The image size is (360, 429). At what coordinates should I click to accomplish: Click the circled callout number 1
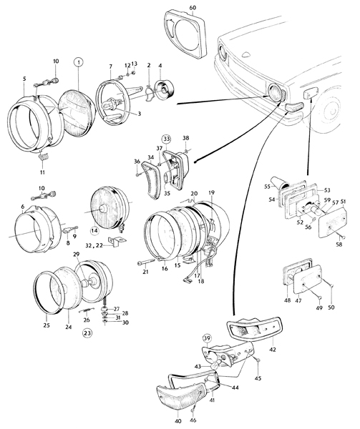(79, 63)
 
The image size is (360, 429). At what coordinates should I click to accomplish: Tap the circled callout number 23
(87, 333)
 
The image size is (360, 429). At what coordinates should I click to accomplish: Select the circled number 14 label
(94, 230)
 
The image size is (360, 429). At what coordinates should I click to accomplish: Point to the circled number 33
(167, 139)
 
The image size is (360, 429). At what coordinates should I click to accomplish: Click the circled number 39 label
(208, 338)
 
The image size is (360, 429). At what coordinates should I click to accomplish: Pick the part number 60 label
(193, 8)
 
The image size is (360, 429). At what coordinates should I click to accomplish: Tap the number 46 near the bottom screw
(193, 420)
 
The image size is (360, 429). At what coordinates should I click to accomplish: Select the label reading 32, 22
(94, 245)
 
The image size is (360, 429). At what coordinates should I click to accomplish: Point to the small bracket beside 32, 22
(117, 242)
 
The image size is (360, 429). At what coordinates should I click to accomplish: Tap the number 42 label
(273, 350)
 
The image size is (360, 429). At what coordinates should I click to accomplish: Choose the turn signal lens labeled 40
(182, 395)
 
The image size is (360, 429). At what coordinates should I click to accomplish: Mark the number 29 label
(76, 254)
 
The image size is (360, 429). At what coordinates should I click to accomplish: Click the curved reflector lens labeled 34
(150, 179)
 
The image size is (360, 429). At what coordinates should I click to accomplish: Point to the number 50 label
(331, 307)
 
